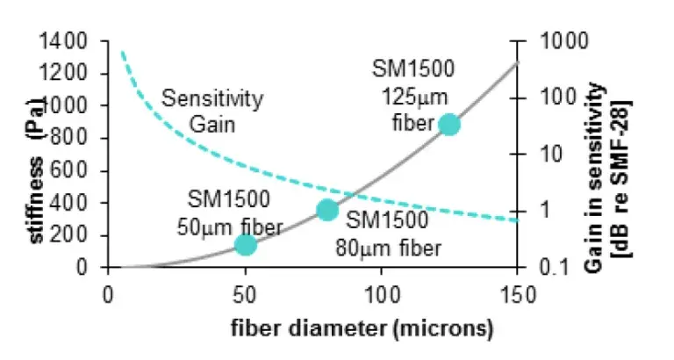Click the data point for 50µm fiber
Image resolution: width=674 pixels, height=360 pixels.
245,245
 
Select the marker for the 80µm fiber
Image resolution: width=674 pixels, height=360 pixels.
327,210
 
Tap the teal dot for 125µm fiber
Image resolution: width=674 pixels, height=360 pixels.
449,125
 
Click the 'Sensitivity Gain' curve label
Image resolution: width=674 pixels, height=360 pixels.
212,112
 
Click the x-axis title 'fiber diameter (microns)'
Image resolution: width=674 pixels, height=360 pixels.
362,328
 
